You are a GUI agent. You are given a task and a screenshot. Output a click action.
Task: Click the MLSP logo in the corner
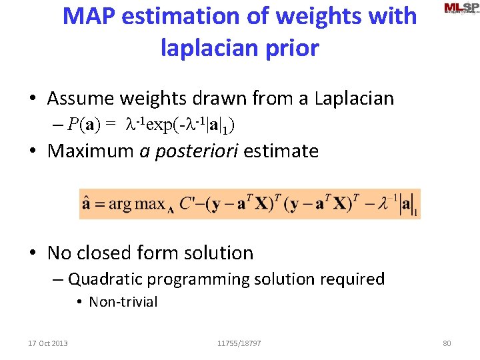point(461,8)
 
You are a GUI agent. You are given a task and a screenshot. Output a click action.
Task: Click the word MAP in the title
point(85,16)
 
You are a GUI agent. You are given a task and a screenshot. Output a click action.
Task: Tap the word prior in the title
point(291,48)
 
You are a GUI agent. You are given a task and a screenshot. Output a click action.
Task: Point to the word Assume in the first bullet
point(81,99)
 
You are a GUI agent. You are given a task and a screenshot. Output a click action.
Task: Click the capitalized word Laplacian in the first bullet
point(347,99)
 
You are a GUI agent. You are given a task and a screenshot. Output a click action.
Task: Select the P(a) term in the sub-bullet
point(86,125)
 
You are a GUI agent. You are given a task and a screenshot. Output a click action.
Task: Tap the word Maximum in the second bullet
point(91,151)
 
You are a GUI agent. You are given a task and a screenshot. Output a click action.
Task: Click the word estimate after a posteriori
point(281,151)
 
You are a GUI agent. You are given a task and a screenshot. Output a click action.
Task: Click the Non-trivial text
point(123,302)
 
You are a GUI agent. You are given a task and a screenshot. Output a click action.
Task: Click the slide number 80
point(447,343)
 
